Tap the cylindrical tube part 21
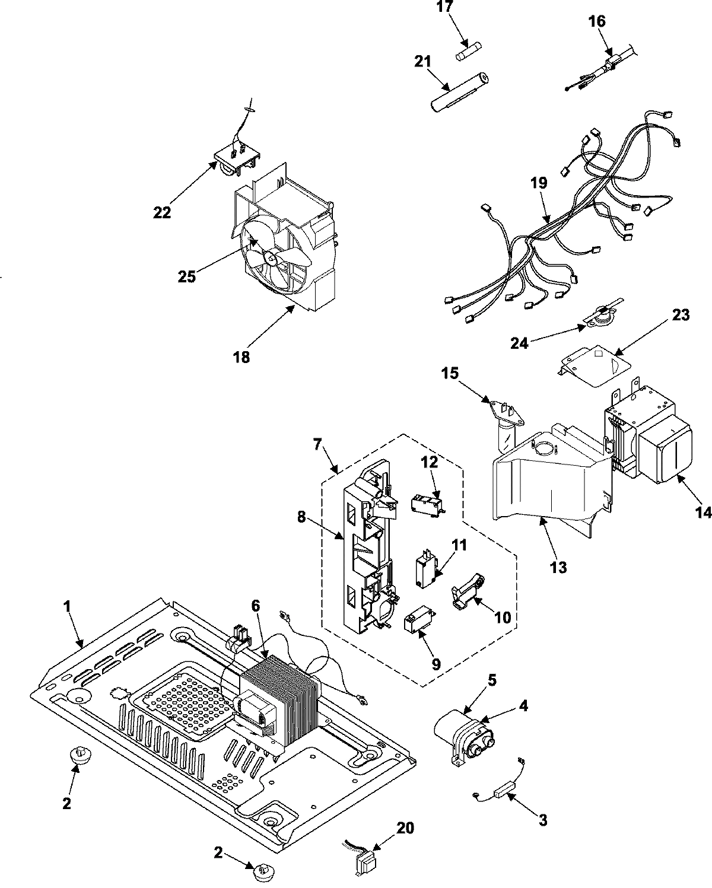coord(458,91)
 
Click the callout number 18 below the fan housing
coord(241,357)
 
